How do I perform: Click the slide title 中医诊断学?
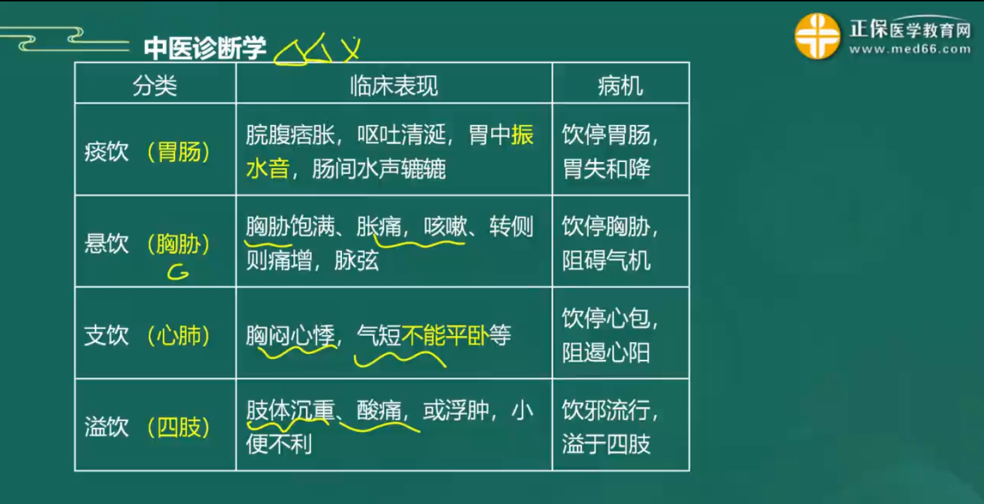tap(205, 47)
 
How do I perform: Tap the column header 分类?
tap(154, 85)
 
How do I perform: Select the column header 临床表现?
tap(394, 85)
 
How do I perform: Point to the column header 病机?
tap(620, 85)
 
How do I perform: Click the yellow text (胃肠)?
tap(178, 152)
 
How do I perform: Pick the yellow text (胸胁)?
tap(178, 243)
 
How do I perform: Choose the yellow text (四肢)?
tap(178, 426)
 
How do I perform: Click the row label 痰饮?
tap(106, 152)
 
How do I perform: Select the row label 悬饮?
tap(106, 243)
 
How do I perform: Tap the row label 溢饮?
tap(106, 426)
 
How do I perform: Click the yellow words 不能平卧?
tap(445, 335)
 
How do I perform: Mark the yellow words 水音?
tap(268, 168)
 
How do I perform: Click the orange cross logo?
tap(817, 36)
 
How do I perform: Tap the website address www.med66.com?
tap(910, 49)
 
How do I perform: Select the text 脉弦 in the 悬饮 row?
tap(356, 261)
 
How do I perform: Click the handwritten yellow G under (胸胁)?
tap(178, 272)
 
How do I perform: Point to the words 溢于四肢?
tap(606, 444)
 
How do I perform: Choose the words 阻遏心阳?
tap(606, 352)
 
